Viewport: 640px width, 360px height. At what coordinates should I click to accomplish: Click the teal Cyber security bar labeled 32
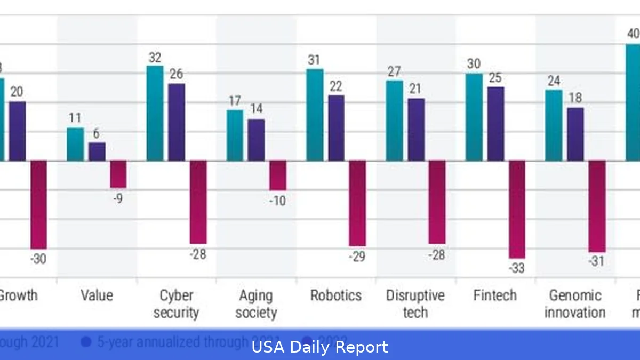pos(155,113)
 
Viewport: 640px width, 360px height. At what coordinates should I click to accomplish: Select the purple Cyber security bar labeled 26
pos(177,122)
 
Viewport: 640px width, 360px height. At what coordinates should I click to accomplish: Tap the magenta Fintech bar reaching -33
pos(517,209)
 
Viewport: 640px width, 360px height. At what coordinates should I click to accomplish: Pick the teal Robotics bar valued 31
pos(315,115)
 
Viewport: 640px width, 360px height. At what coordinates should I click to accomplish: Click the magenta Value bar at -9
pos(118,174)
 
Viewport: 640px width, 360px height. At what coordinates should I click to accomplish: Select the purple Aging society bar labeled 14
pos(256,140)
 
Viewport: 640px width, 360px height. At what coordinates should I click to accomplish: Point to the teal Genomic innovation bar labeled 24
pos(554,125)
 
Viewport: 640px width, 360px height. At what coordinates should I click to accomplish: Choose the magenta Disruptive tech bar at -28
pos(437,202)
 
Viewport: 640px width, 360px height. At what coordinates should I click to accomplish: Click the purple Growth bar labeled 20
pos(17,131)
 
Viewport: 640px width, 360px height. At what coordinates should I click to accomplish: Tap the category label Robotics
pos(336,295)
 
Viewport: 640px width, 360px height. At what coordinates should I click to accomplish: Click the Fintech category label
pos(495,295)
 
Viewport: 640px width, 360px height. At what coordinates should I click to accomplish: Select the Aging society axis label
pos(256,304)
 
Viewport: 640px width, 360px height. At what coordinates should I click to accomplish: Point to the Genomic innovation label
pos(575,304)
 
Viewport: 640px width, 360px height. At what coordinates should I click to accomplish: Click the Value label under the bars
pos(97,295)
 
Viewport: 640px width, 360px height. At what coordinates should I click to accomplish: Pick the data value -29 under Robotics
pos(356,257)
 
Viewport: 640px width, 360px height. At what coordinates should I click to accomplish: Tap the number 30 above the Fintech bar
pos(474,63)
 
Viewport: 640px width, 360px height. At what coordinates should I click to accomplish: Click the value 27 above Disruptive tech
pos(394,71)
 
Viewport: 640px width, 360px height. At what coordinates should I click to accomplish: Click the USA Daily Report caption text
pos(320,348)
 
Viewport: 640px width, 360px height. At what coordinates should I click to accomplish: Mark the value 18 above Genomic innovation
pos(575,98)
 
